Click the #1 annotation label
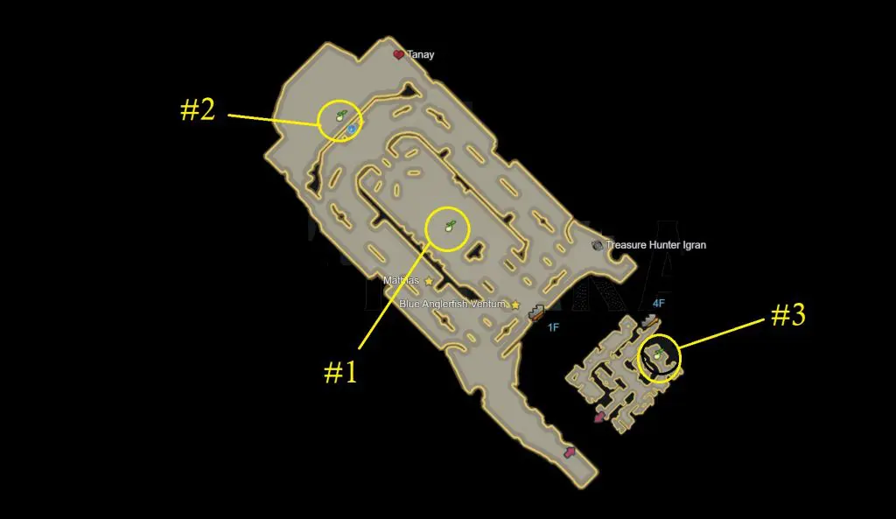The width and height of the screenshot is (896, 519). [340, 372]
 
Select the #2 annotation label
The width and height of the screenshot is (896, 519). [198, 109]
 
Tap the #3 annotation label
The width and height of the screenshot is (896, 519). [788, 314]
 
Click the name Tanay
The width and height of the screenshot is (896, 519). [421, 55]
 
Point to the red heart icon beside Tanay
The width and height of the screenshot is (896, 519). [398, 55]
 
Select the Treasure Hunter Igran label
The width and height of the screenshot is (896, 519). [656, 245]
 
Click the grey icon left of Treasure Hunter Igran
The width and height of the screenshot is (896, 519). [597, 245]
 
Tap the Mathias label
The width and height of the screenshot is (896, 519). [401, 281]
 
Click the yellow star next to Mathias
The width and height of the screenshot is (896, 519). [429, 281]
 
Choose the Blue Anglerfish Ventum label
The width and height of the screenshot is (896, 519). [452, 304]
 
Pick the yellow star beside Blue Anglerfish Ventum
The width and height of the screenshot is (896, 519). [515, 305]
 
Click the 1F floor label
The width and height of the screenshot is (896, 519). [553, 327]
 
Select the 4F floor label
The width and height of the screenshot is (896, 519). [659, 304]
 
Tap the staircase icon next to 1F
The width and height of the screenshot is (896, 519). [536, 312]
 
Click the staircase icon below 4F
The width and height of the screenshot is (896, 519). [649, 320]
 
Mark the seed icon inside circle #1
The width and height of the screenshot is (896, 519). [451, 226]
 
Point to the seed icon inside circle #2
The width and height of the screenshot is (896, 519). [341, 116]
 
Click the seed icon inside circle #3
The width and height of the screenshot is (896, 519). [658, 354]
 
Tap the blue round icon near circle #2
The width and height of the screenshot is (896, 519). [352, 130]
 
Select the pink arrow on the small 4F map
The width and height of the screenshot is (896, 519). [599, 417]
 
